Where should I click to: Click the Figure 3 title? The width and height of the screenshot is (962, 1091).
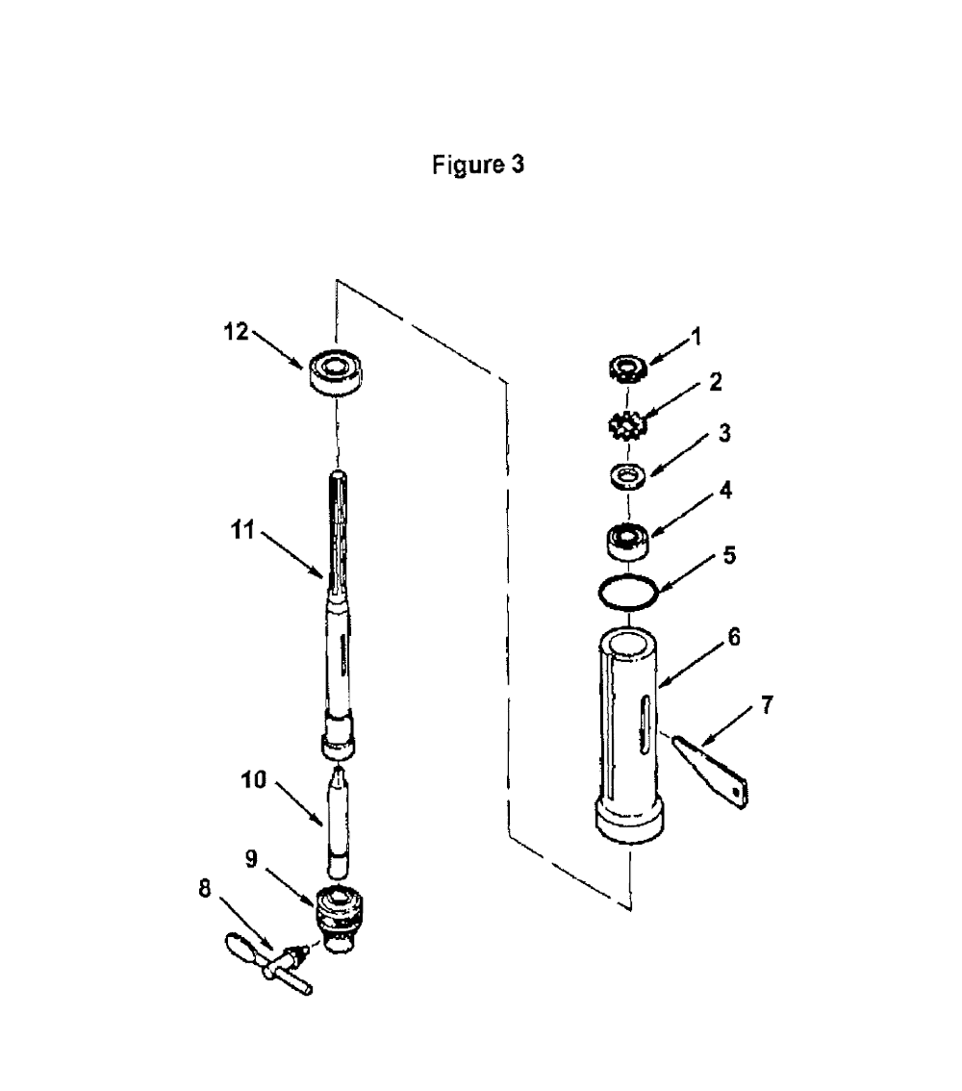478,165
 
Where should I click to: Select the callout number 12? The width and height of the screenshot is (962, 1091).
236,332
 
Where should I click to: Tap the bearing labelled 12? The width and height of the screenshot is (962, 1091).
336,372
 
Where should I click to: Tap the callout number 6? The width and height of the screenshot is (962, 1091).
734,637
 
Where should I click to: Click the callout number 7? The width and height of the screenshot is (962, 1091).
767,705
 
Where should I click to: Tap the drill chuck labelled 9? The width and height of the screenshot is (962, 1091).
340,919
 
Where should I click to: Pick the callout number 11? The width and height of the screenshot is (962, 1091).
242,530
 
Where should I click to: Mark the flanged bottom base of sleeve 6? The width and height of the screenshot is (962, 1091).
629,821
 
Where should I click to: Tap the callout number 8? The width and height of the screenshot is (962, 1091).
205,889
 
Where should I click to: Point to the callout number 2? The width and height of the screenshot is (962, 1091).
715,381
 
